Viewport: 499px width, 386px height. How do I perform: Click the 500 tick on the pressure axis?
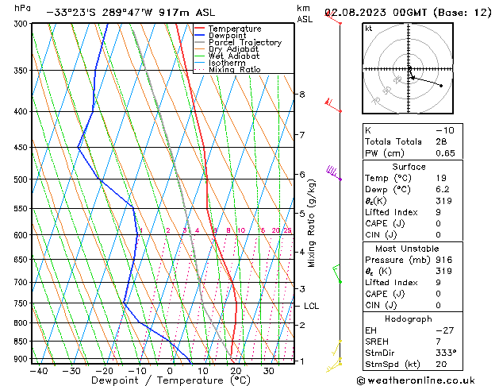pyautogui.click(x=21, y=179)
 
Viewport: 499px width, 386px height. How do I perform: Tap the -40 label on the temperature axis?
pyautogui.click(x=38, y=371)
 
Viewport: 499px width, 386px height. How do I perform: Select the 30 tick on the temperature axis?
pyautogui.click(x=269, y=371)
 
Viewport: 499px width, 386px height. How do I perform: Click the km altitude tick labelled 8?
pyautogui.click(x=302, y=95)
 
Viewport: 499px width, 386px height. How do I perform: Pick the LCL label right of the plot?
pyautogui.click(x=311, y=306)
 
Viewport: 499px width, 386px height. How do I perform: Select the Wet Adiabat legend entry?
pyautogui.click(x=233, y=56)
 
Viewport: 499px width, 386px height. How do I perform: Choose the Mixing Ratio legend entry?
pyautogui.click(x=234, y=69)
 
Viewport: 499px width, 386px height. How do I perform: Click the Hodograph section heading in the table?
pyautogui.click(x=409, y=318)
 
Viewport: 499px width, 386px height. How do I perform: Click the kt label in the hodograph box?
pyautogui.click(x=368, y=29)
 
